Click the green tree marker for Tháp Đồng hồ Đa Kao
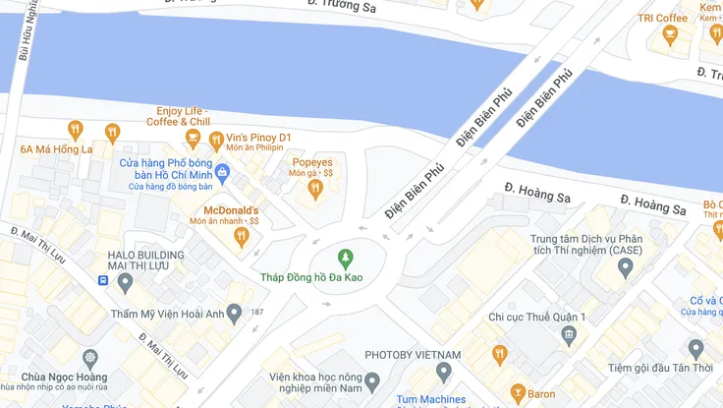point(345,259)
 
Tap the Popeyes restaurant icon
point(314,189)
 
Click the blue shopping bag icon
point(222,173)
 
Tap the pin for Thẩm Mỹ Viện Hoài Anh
point(234,314)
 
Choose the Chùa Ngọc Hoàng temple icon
point(90,357)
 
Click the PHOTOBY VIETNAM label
point(413,355)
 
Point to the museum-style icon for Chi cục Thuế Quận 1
point(568,336)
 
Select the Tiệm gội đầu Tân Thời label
point(657,368)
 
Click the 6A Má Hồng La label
point(56,149)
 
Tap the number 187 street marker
point(257,313)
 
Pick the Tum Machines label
point(430,399)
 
